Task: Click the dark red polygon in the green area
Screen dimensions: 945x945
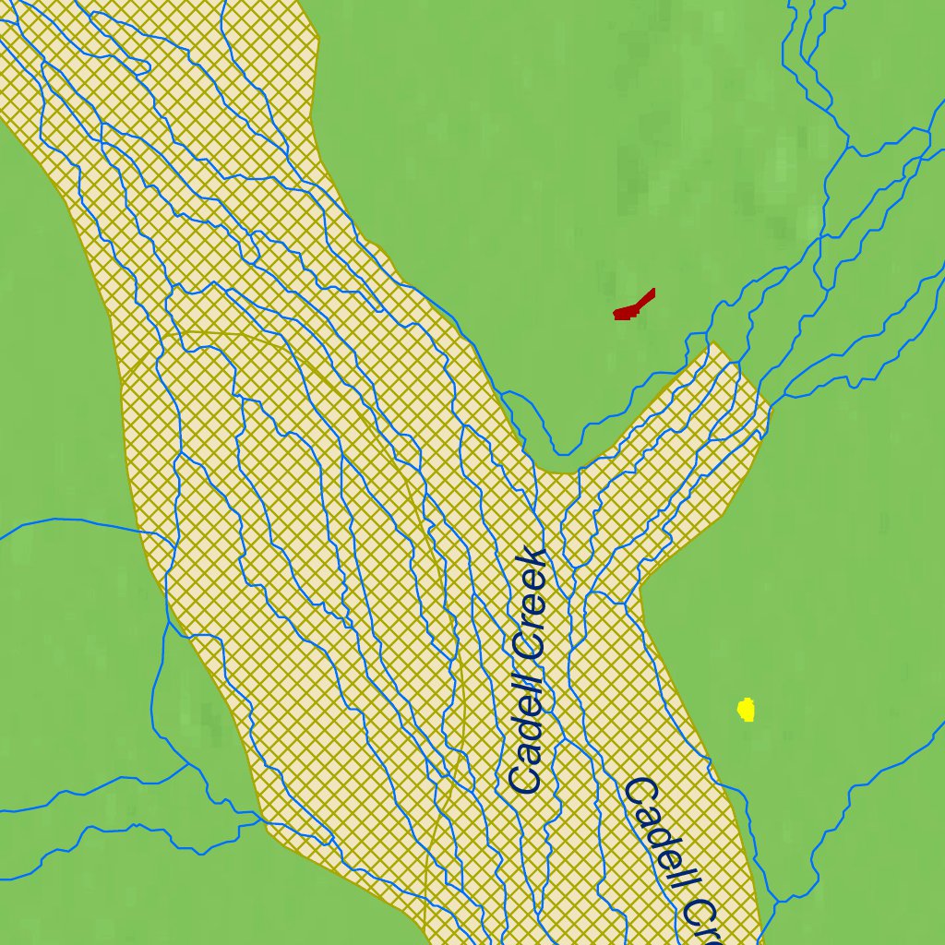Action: coord(632,307)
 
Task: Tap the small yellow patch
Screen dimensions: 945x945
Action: coord(747,710)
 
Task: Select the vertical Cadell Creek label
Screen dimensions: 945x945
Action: coord(530,671)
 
